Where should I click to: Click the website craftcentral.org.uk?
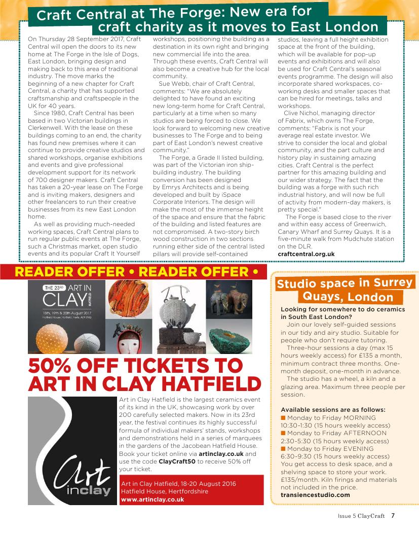click(x=306, y=254)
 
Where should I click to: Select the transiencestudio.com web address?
click(x=315, y=494)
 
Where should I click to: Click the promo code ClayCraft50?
click(x=179, y=461)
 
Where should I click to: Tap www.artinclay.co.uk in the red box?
click(x=152, y=499)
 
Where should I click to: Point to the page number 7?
click(x=393, y=517)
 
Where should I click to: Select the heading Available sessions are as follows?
click(x=333, y=409)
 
